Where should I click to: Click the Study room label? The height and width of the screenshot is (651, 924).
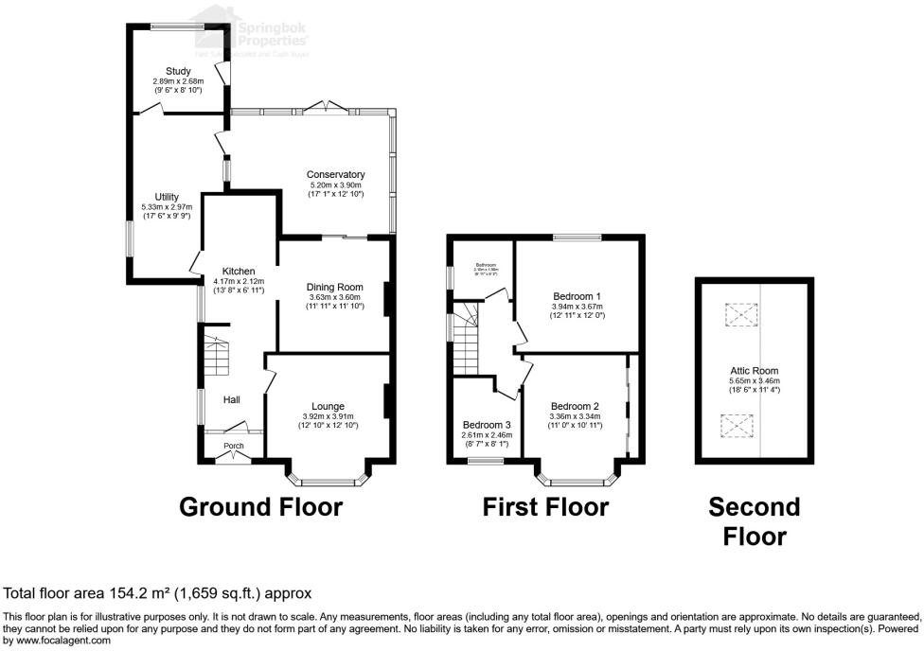click(178, 71)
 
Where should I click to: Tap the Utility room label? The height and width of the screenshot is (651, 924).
click(167, 196)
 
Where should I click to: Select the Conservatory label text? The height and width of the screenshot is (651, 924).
click(335, 174)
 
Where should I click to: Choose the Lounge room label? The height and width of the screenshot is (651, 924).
click(328, 406)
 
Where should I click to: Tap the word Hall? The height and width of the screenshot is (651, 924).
click(232, 400)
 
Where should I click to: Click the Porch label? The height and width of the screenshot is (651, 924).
click(234, 447)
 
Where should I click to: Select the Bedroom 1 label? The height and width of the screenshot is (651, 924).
click(577, 295)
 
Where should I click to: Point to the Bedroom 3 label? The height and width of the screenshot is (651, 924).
click(487, 424)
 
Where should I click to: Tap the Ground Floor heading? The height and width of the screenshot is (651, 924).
click(261, 507)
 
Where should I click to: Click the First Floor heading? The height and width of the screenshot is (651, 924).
click(545, 507)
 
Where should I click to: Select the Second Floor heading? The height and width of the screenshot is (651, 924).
click(755, 521)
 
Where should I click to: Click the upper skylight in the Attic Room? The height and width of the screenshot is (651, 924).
click(741, 313)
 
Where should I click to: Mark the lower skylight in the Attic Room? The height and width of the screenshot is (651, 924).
click(736, 426)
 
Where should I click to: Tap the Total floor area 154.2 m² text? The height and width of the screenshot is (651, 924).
click(158, 593)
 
